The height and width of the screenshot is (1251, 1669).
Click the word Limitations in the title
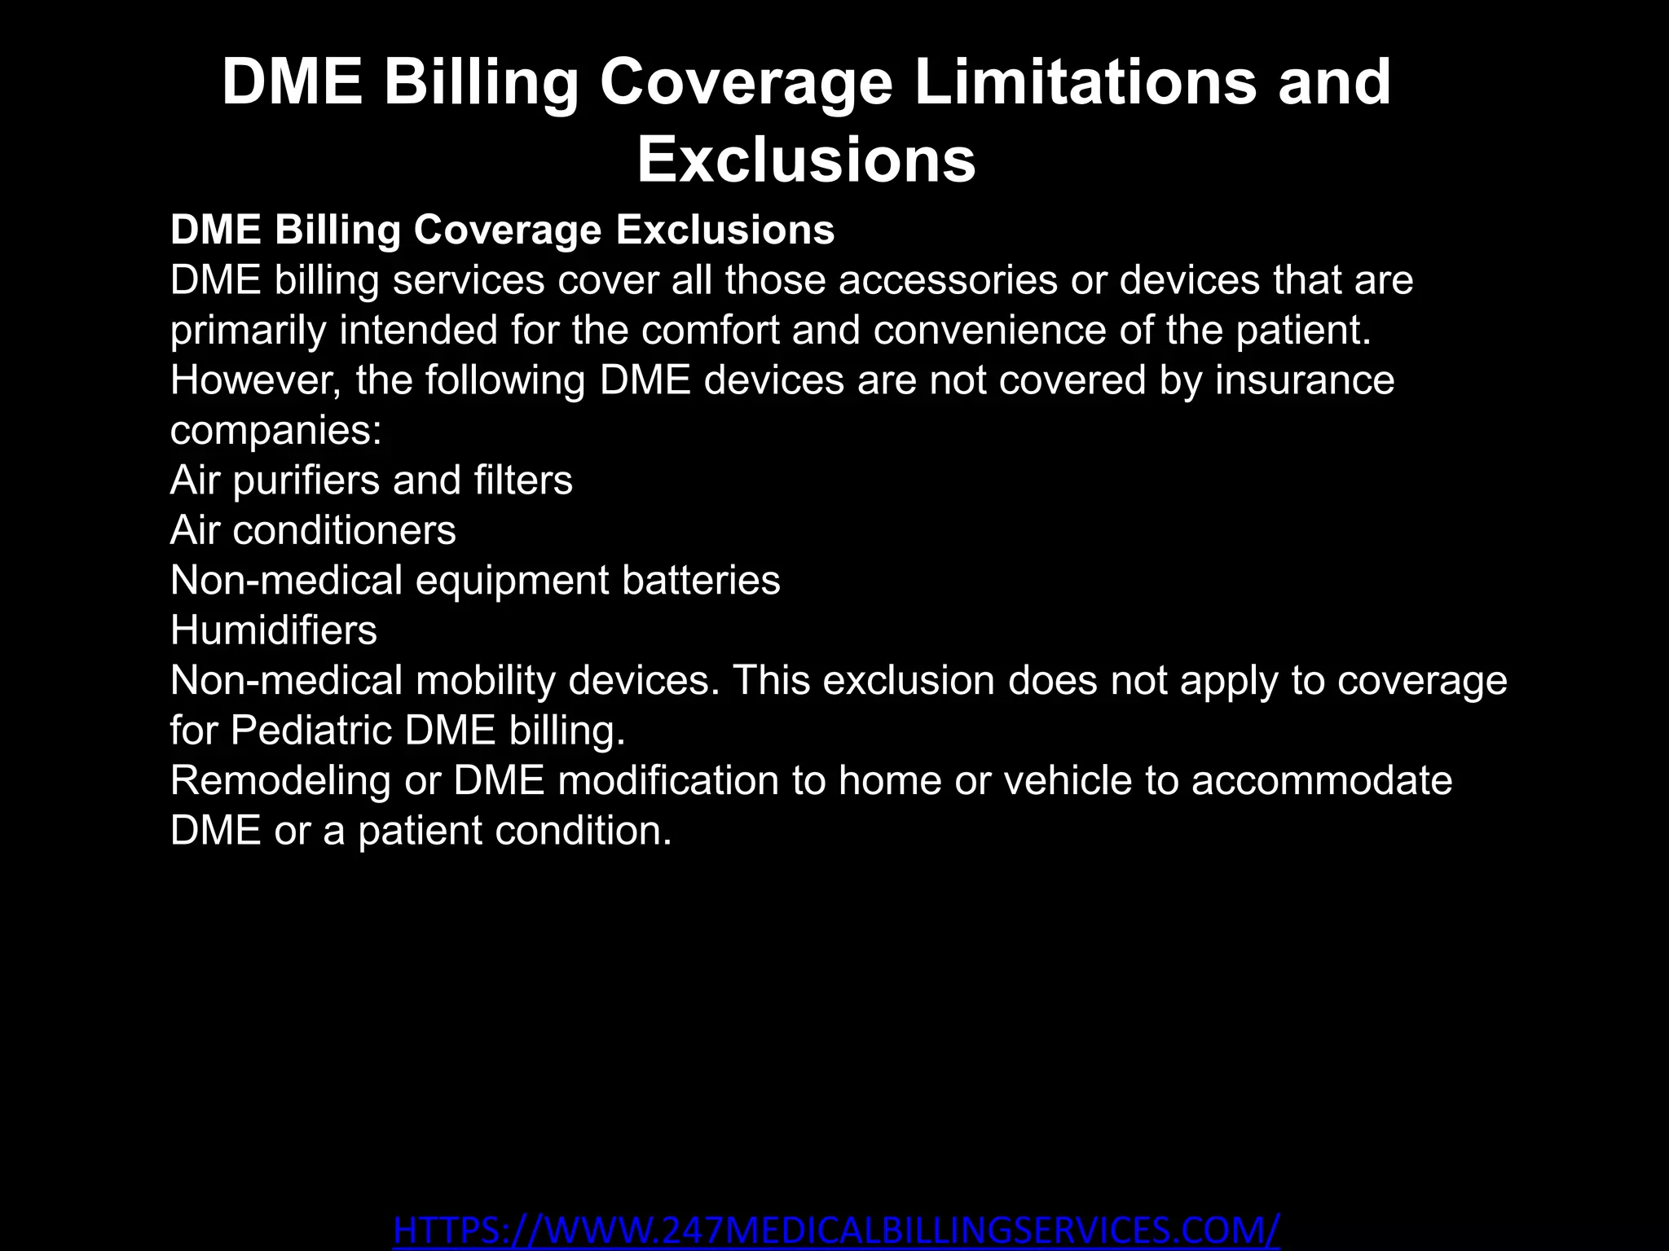(1085, 82)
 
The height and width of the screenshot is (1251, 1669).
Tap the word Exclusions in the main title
(806, 160)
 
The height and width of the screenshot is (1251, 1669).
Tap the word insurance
(1305, 380)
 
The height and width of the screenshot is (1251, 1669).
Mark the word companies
(275, 431)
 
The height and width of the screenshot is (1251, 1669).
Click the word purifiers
(306, 480)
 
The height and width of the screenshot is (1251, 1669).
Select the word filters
(523, 480)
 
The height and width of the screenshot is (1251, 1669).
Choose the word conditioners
(344, 530)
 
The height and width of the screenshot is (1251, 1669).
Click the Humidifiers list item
(274, 630)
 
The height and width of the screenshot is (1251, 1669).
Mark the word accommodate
(1322, 780)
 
